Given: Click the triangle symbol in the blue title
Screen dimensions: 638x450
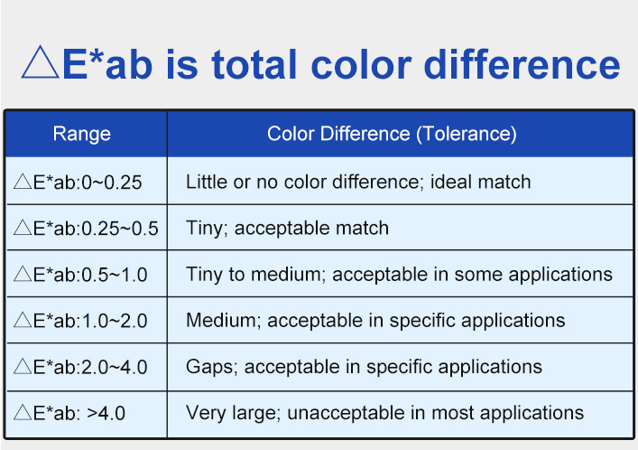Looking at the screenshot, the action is click(40, 62).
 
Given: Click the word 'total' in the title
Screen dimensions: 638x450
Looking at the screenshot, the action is click(254, 64).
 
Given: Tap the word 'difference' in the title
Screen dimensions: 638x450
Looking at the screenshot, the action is click(522, 64).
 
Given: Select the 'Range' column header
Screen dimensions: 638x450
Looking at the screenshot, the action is click(82, 134).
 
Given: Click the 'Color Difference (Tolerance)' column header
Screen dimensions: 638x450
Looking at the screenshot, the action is click(392, 134).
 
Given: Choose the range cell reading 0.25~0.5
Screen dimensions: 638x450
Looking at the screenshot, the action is click(86, 229).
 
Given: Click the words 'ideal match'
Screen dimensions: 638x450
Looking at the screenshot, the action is click(481, 182).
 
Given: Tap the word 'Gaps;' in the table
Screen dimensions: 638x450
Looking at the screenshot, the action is click(212, 367).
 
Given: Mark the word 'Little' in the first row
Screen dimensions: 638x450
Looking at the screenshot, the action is click(207, 182).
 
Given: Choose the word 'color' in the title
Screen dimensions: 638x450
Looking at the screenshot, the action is click(361, 64).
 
